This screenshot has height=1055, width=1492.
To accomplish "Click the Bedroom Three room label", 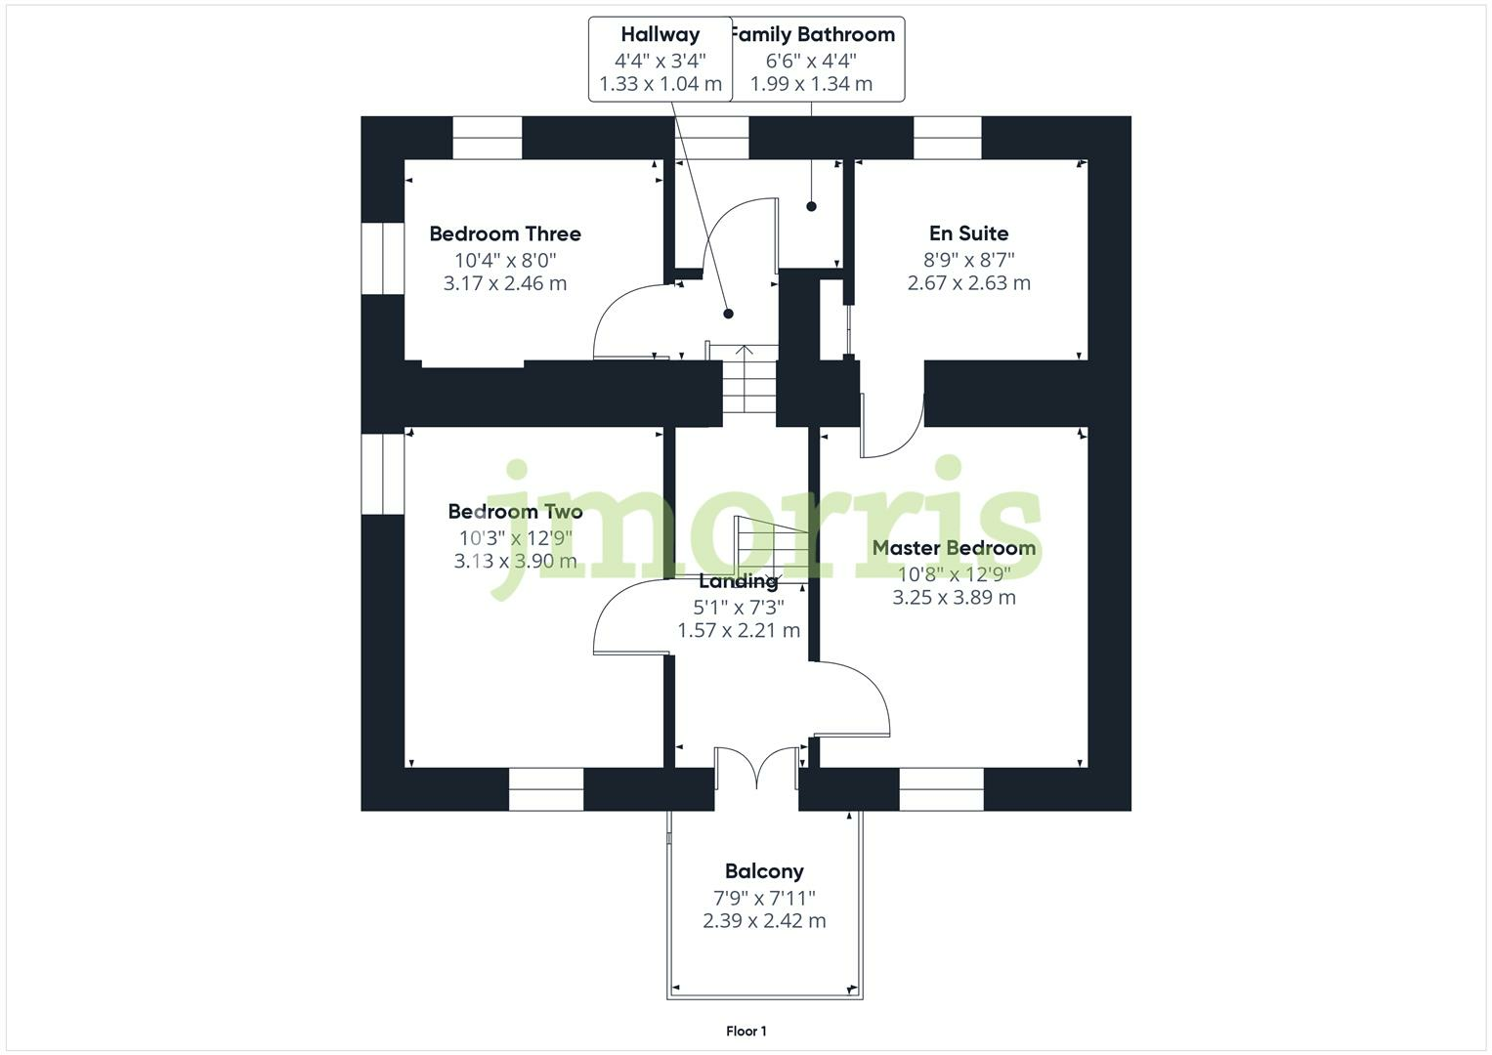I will (505, 233).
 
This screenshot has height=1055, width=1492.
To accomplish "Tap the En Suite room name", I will (968, 233).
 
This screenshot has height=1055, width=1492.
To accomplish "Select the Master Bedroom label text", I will (954, 548).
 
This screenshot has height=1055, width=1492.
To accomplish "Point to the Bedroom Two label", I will (515, 511).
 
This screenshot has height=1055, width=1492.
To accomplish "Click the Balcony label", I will (764, 871).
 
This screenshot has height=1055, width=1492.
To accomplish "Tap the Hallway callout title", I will (661, 34).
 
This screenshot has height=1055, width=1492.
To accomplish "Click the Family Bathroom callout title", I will (813, 34).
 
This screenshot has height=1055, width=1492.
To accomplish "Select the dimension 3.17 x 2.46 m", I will (505, 283).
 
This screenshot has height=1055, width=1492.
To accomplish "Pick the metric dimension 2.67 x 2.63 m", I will (968, 283).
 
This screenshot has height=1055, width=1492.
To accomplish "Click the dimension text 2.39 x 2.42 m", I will (764, 921).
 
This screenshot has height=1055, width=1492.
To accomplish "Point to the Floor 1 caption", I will (746, 1031).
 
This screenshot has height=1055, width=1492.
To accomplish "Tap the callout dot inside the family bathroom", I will (811, 206).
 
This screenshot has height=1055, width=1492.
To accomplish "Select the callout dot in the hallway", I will (728, 314).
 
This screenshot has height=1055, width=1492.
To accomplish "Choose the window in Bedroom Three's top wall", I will (487, 138).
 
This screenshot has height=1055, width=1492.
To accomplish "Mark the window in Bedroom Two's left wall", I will (382, 474).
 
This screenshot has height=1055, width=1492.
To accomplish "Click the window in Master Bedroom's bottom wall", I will (941, 789).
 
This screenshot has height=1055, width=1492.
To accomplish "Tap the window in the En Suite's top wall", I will (947, 138).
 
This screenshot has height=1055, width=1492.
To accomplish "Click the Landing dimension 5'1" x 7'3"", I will (739, 607).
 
